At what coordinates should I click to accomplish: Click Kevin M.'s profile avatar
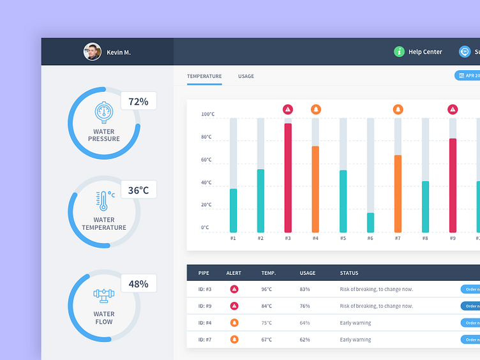(x=93, y=52)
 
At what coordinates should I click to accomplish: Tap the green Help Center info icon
(x=399, y=52)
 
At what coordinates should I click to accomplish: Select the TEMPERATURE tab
(x=204, y=77)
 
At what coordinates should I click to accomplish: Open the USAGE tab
(x=246, y=77)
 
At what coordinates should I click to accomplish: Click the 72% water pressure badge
(x=139, y=101)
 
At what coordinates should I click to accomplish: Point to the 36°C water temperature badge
(x=139, y=190)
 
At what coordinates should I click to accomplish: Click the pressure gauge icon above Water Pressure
(x=104, y=112)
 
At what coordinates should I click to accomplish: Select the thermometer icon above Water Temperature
(x=103, y=200)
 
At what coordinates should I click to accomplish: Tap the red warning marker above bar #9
(x=453, y=109)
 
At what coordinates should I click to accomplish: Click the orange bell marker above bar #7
(x=398, y=109)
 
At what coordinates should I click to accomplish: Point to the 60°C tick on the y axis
(x=207, y=160)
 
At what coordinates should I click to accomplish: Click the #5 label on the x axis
(x=343, y=238)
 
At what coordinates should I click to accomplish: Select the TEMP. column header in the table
(x=269, y=273)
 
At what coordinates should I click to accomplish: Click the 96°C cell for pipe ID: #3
(x=266, y=289)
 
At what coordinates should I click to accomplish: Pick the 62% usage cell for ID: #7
(x=304, y=340)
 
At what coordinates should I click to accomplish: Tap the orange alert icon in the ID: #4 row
(x=234, y=323)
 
